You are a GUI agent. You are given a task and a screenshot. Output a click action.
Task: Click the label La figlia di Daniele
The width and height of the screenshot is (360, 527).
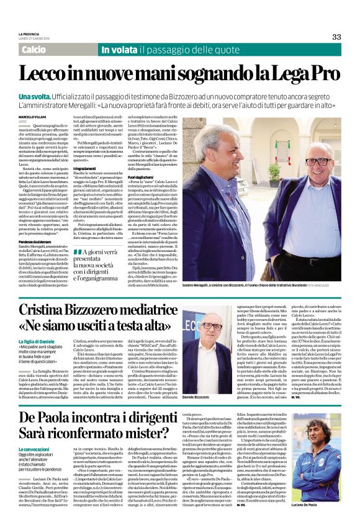pos(38,343)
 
